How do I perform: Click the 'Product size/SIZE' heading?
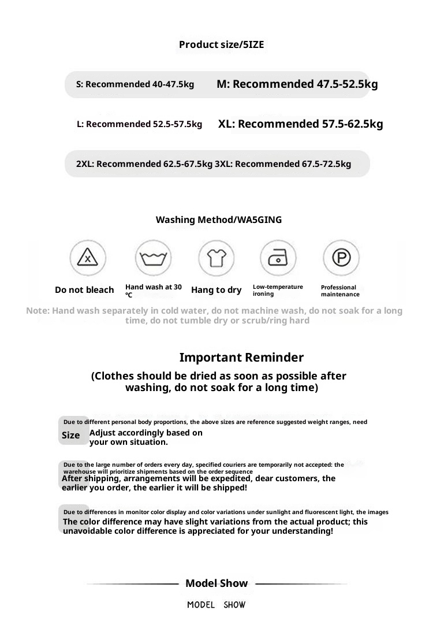(221, 44)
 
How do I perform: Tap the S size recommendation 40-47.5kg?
(135, 84)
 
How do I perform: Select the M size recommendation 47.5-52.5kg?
(297, 84)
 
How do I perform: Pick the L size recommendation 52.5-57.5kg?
(139, 124)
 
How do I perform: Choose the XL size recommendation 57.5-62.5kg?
(300, 124)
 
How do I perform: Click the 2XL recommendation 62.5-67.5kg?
(144, 164)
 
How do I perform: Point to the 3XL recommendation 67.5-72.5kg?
(283, 164)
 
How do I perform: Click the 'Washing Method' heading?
(219, 220)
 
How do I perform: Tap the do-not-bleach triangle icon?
(88, 258)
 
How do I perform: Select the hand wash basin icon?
(153, 258)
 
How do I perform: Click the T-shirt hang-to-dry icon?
(216, 258)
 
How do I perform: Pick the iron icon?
(278, 258)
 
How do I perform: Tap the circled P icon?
(341, 258)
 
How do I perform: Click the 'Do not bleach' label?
(84, 290)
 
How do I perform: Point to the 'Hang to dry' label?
(216, 290)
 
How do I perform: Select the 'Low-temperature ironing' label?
(278, 290)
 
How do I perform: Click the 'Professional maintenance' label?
(340, 291)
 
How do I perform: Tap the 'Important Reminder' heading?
(241, 358)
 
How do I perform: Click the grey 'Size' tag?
(71, 435)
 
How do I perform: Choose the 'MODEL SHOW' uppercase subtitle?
(216, 605)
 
